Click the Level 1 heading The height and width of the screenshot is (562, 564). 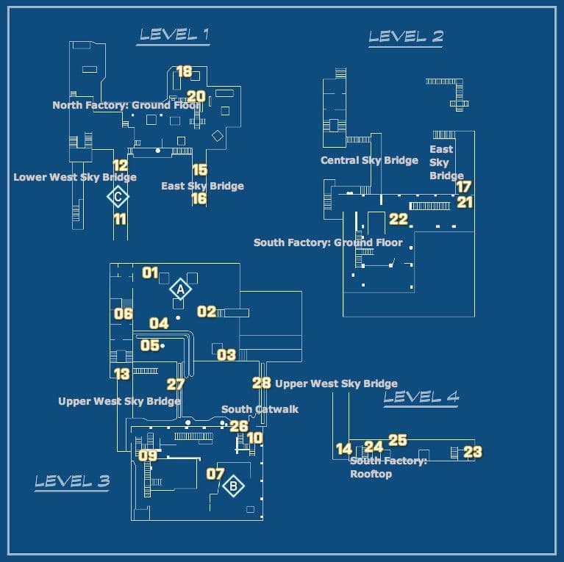(175, 34)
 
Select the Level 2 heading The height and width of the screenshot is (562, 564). (406, 36)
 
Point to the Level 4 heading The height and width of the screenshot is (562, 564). (421, 397)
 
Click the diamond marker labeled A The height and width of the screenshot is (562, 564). (179, 289)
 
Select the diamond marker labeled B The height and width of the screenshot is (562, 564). (233, 486)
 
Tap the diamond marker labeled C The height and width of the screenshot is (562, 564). (118, 196)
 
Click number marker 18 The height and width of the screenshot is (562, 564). (184, 71)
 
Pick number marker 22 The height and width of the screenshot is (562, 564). (399, 219)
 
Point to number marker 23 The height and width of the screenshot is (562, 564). (473, 452)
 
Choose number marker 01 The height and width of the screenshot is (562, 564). (150, 273)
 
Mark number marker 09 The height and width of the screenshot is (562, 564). (148, 455)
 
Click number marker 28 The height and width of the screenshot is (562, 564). (262, 382)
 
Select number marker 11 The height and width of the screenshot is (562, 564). (120, 218)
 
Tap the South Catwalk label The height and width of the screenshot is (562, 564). (260, 409)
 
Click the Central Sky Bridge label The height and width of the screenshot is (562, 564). (369, 160)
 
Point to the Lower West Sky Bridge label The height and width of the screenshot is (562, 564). (75, 177)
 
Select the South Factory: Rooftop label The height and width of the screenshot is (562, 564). (388, 467)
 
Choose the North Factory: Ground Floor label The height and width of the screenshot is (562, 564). (126, 105)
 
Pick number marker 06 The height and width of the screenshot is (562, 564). (123, 314)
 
